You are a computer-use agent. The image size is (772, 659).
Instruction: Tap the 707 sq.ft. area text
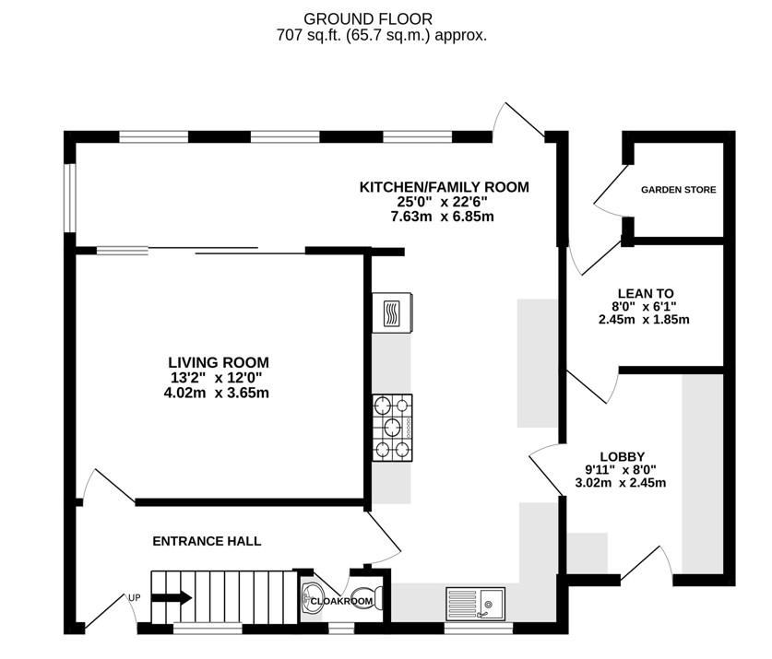(381, 36)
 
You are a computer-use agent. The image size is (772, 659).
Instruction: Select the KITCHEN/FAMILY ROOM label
(444, 187)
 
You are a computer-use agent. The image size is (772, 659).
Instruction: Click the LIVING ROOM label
(219, 362)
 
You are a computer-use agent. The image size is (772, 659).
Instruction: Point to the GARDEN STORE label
(678, 190)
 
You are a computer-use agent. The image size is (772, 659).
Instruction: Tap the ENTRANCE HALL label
(207, 541)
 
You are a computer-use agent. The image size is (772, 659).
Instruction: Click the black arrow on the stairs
(171, 598)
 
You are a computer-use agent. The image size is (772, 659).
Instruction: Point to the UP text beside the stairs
(134, 597)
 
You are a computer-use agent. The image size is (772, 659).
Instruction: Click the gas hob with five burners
(391, 428)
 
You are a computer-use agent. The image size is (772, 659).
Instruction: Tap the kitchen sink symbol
(474, 603)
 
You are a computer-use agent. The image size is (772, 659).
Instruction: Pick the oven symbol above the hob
(391, 312)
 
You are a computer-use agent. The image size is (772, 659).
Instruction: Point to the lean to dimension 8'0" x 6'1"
(644, 306)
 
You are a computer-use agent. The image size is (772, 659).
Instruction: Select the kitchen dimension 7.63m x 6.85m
(444, 217)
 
